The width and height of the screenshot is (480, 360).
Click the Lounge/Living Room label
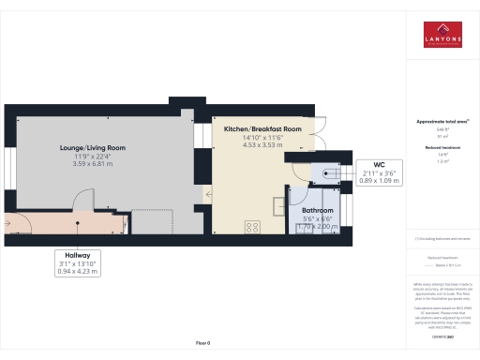coord(92,148)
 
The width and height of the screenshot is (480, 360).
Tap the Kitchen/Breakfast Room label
coord(262,128)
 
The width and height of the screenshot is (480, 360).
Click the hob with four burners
coord(252,226)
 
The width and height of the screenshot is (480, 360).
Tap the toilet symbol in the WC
coord(329,172)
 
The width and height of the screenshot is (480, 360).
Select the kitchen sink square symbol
coord(279,205)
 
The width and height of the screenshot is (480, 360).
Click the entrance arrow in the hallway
coord(8,224)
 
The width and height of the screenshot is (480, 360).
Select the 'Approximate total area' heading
coord(442,122)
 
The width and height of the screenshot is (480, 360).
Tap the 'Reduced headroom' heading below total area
coord(442,148)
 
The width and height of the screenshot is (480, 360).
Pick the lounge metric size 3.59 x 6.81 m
coord(92,164)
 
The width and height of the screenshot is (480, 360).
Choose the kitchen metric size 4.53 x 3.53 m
coord(262,144)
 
